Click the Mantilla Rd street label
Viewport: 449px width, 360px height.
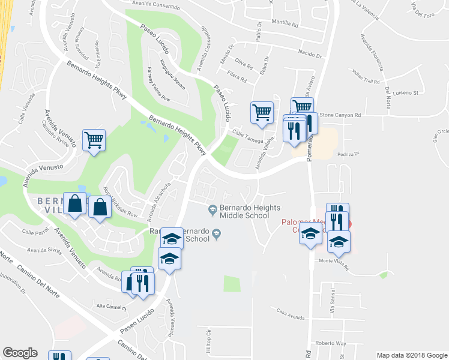285,25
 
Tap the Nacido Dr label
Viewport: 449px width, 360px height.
310,53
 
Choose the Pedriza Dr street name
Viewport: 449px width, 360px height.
348,154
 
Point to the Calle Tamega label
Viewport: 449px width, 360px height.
247,137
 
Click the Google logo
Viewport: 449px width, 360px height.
20,353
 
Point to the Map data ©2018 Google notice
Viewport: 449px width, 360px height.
411,355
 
